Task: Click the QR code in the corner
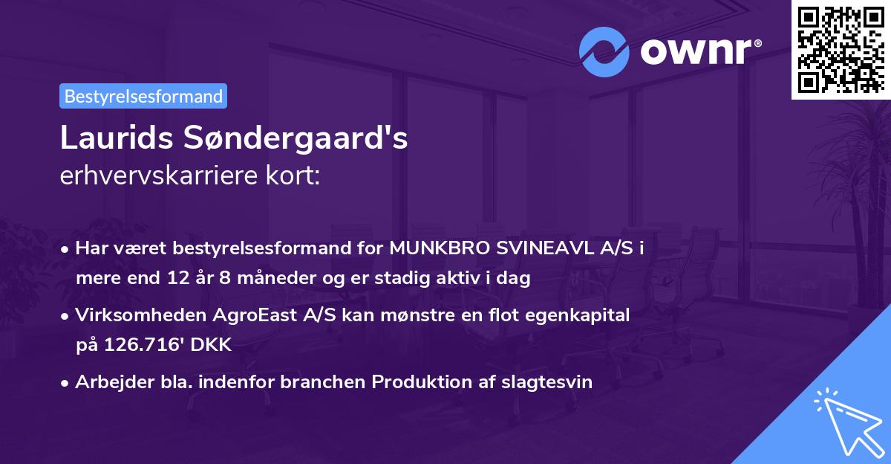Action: click(841, 50)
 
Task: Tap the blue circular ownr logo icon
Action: click(604, 52)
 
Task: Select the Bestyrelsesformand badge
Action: click(143, 96)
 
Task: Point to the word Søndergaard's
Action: click(296, 139)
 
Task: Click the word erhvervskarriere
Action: click(147, 176)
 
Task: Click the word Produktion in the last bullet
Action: click(418, 382)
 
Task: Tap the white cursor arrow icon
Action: click(846, 421)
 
